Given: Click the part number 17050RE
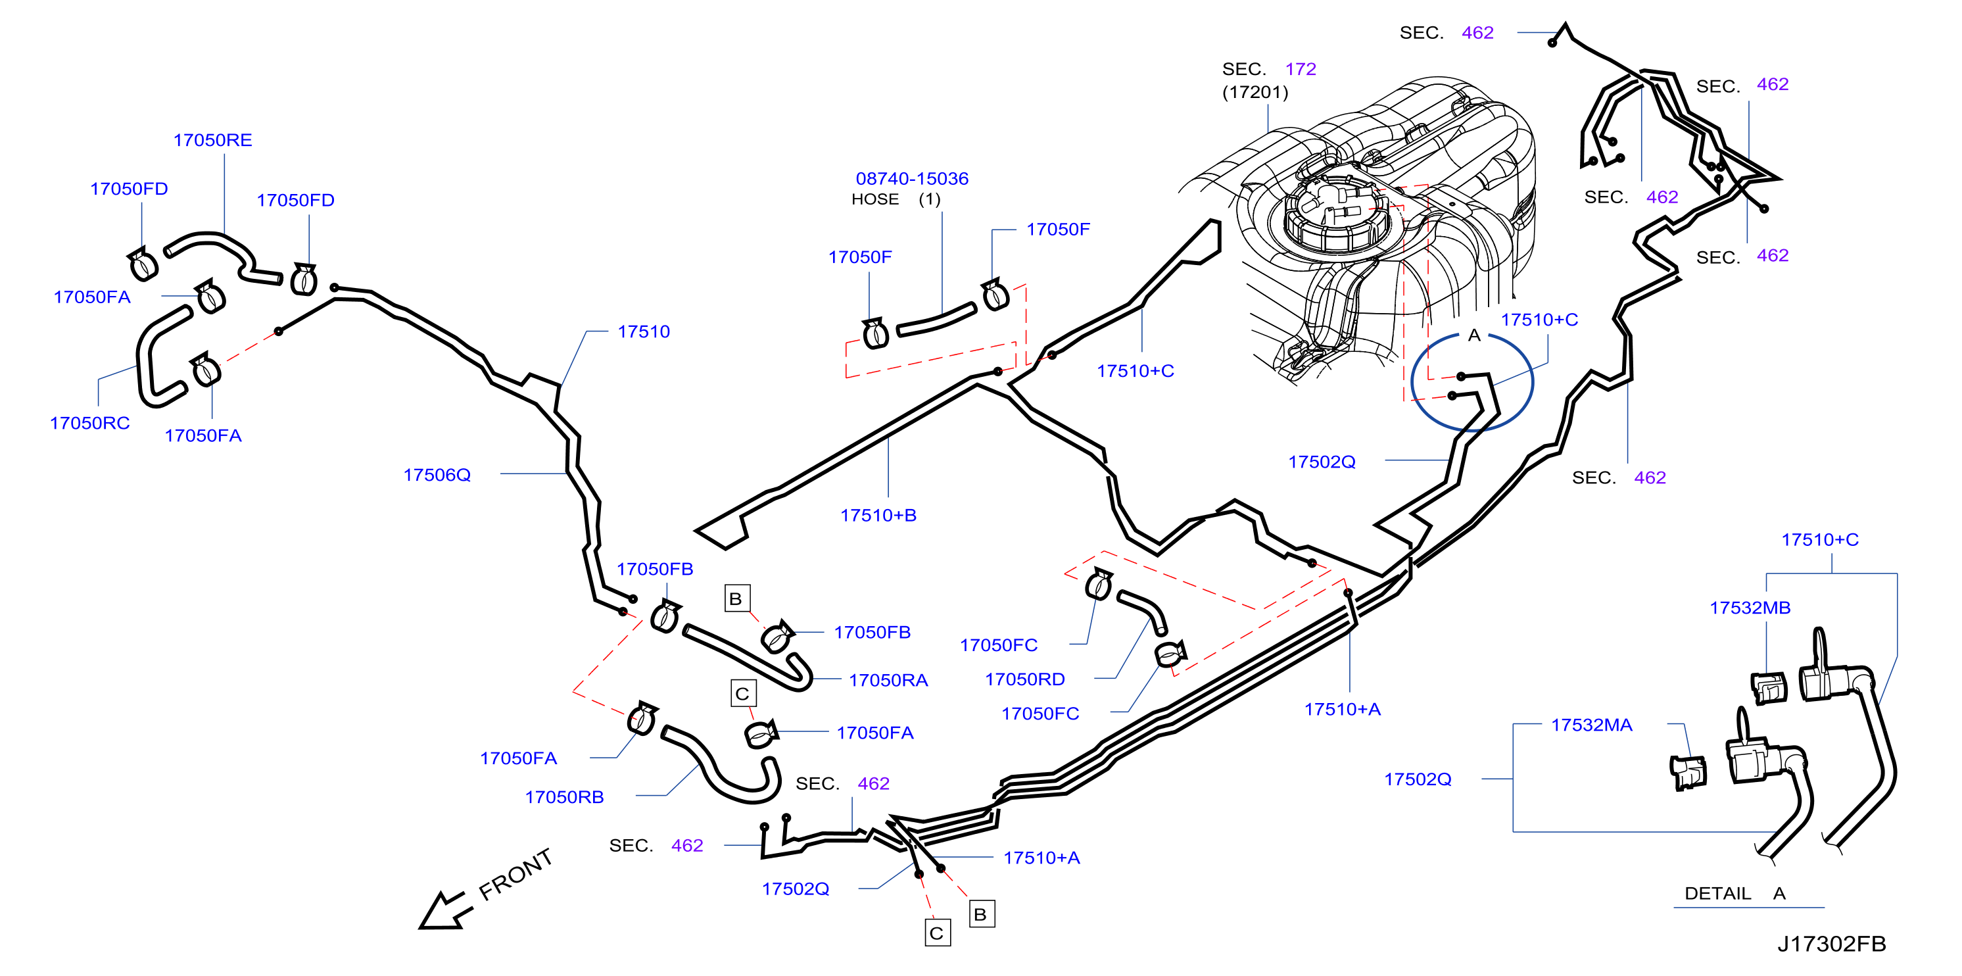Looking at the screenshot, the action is pos(212,140).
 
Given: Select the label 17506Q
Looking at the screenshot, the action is pos(437,476).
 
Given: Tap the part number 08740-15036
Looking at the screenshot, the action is pos(912,179).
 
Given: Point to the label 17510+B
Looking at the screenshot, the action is pos(878,516).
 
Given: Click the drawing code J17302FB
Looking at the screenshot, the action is pos(1832,944).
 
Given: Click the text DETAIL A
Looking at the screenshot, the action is pos(1735,894).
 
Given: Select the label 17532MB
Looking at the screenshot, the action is pos(1750,608).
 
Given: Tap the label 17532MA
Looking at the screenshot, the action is pos(1592,725).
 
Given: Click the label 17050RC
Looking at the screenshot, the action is pos(90,424).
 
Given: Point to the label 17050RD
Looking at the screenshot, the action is pos(1025,679).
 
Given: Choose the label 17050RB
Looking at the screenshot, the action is pos(564,798).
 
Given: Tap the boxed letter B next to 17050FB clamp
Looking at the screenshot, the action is pos(736,599).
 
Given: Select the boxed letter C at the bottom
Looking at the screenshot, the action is pos(938,933).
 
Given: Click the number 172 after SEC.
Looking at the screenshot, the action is pos(1301,69).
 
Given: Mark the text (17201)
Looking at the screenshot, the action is pos(1255,92).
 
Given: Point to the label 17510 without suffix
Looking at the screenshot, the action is pos(644,332).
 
